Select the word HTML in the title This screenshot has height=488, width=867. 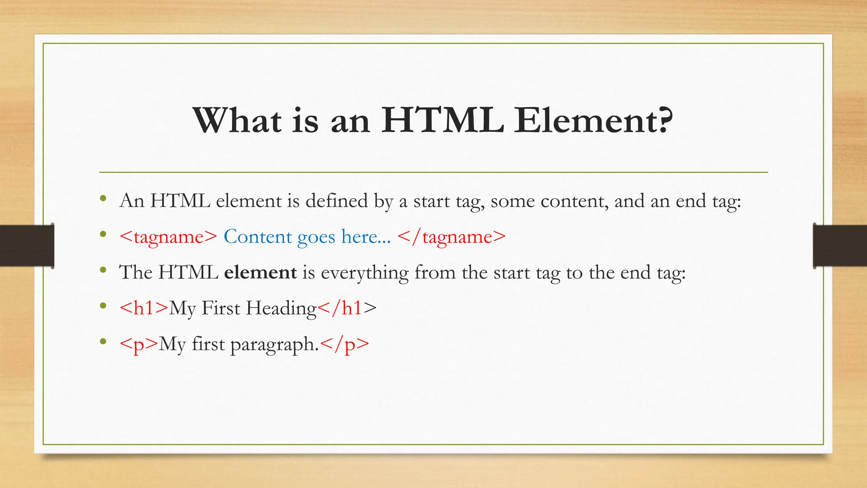point(442,121)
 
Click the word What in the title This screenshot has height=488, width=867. point(237,121)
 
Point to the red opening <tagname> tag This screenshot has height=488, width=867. point(168,237)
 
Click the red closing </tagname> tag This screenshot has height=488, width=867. point(452,237)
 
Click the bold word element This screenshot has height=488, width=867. point(260,272)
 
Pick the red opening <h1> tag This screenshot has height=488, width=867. point(144,308)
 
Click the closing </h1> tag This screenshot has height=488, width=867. point(347,308)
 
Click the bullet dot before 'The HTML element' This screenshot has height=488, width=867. point(103,270)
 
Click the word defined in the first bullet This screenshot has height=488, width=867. point(337,201)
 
